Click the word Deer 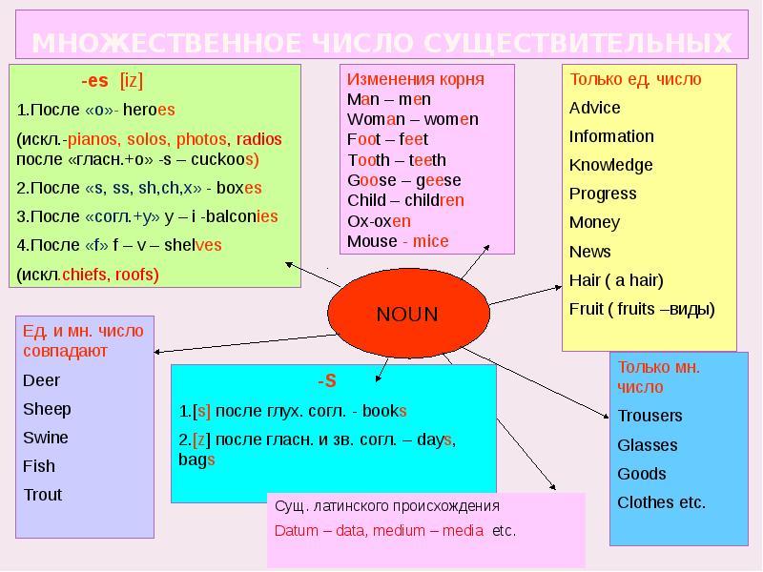[x=41, y=380]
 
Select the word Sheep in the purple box [x=47, y=409]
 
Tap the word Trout [x=42, y=495]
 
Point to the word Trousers [x=650, y=416]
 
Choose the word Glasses [x=648, y=445]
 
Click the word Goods [x=642, y=474]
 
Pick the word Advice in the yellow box [x=595, y=108]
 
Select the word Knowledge [x=611, y=165]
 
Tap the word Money [x=594, y=222]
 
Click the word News [x=590, y=252]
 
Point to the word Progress [x=603, y=194]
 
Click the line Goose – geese [x=403, y=180]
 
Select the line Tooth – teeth [x=397, y=160]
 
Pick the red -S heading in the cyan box [x=327, y=381]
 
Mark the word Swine [x=46, y=438]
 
